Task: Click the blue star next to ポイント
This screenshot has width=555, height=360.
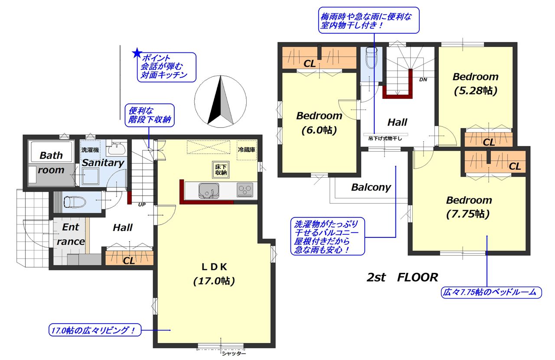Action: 137,53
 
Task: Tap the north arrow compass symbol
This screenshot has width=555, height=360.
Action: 221,101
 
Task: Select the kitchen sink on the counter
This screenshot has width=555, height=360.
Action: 209,191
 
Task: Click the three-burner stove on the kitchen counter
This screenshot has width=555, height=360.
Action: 245,190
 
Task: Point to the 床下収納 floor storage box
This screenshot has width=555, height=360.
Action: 221,170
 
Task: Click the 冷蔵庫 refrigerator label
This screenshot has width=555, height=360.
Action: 247,149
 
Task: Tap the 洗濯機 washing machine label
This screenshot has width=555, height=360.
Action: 90,150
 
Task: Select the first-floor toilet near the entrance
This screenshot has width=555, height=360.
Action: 75,202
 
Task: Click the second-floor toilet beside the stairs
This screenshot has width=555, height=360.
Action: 371,58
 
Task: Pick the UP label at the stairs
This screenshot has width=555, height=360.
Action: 142,204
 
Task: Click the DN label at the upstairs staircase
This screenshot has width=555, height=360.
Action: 423,79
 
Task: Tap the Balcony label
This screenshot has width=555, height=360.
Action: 371,187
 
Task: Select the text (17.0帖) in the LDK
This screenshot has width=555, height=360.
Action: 214,281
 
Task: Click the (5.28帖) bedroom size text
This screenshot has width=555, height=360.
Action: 476,91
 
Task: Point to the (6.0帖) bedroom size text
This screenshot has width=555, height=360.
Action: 319,130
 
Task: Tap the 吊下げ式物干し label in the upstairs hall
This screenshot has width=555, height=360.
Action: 385,138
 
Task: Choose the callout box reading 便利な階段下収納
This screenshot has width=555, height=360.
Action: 150,115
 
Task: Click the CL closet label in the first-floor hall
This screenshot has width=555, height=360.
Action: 129,260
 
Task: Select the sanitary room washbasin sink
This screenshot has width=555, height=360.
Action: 116,149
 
